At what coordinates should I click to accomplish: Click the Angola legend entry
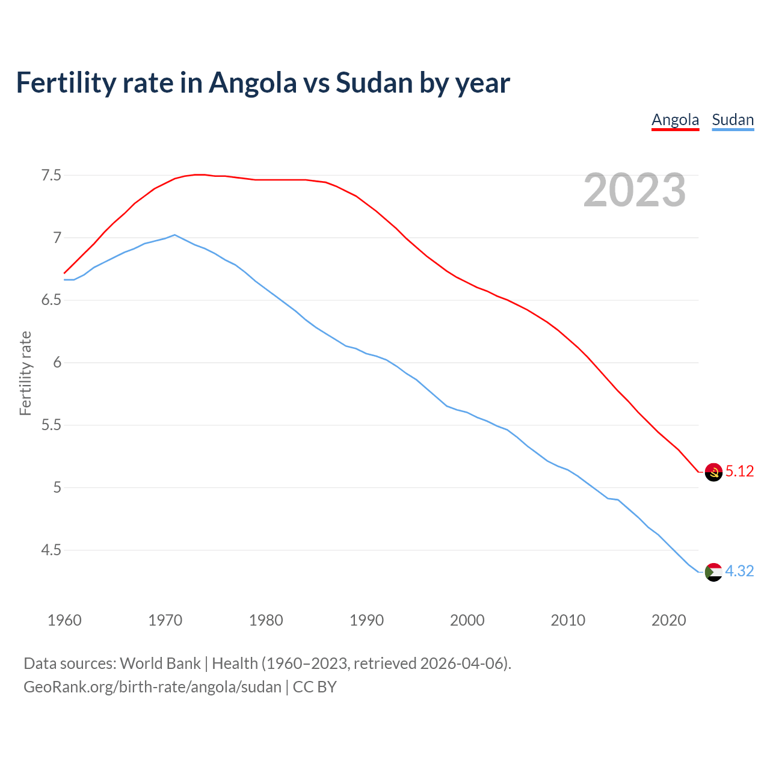tap(675, 120)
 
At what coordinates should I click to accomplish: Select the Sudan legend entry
tap(733, 120)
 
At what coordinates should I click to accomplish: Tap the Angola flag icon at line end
tap(713, 472)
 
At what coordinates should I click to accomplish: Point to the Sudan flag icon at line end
tap(713, 571)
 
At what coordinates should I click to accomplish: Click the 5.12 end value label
tap(739, 471)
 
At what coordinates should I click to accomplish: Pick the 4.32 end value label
tap(739, 571)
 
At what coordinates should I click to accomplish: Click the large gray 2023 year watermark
tap(634, 190)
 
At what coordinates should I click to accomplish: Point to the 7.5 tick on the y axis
tap(51, 176)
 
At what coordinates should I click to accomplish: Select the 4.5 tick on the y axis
tap(51, 550)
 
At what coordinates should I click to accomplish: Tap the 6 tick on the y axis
tap(57, 363)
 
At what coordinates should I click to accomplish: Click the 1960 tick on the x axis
tap(64, 620)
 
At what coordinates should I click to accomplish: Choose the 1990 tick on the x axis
tap(366, 620)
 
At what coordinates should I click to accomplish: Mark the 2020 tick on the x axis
tap(668, 620)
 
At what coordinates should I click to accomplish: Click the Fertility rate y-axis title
tap(25, 373)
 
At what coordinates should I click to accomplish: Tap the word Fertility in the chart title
tap(66, 82)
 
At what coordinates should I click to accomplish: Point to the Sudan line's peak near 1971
tap(174, 235)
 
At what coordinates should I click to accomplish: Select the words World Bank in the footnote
tap(160, 663)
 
